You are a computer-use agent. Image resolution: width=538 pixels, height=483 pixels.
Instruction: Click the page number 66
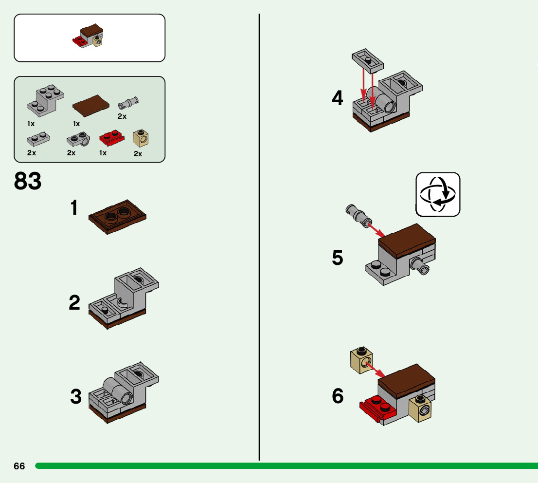point(19,466)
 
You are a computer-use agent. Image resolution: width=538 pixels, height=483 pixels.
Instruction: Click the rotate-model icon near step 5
point(438,194)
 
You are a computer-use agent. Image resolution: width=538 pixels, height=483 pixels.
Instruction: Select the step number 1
point(74,208)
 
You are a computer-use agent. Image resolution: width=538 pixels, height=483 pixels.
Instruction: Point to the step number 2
point(74,303)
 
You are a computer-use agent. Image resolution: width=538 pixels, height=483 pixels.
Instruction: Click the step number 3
point(76,396)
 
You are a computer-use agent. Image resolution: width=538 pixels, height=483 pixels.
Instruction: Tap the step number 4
point(338,98)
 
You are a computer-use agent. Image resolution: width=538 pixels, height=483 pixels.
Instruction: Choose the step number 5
point(338,258)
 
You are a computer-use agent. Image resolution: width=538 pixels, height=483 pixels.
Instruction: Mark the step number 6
point(338,396)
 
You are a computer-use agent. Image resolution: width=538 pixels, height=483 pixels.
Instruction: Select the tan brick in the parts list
point(141,138)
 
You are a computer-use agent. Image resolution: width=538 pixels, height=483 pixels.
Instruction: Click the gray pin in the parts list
point(129,102)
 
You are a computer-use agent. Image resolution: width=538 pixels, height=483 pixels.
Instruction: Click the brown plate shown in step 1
point(118,216)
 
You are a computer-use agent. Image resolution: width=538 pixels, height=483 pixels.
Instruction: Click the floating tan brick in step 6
point(360,360)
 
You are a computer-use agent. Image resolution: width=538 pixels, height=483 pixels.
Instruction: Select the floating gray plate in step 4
point(368,60)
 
